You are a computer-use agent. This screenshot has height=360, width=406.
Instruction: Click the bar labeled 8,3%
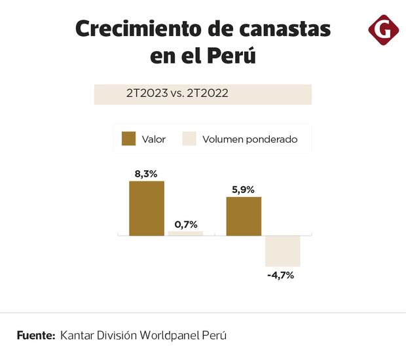(x=146, y=208)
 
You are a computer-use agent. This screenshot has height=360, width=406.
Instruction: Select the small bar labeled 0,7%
(x=185, y=233)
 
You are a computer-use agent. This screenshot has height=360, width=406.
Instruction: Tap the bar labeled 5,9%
(x=244, y=216)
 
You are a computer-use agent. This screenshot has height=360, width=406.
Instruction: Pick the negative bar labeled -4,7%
(x=282, y=251)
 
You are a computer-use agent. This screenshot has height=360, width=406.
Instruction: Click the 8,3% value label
(x=146, y=174)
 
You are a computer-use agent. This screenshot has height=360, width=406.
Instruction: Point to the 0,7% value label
(x=185, y=224)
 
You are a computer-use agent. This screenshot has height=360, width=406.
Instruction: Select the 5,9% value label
(x=244, y=190)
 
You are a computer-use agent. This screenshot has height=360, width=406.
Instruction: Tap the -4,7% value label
(x=281, y=275)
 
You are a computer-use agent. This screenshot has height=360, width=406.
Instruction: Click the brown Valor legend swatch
(x=129, y=139)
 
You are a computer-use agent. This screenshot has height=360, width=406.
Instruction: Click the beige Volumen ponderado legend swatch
(x=189, y=139)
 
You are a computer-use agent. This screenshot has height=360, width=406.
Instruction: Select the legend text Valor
(x=154, y=139)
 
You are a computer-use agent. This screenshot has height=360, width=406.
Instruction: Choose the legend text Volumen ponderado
(x=250, y=139)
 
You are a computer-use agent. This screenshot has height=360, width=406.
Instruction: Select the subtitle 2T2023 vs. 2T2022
(x=177, y=93)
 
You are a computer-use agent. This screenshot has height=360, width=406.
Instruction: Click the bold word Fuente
(x=35, y=335)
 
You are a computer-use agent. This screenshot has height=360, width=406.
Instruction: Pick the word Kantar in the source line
(x=79, y=335)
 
